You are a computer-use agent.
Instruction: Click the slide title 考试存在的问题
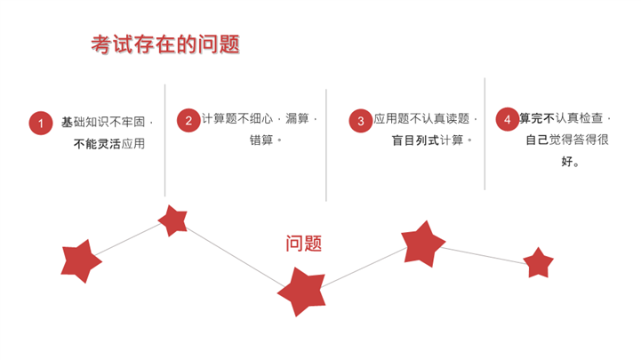pyautogui.click(x=165, y=44)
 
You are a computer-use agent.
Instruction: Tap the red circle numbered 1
pyautogui.click(x=41, y=123)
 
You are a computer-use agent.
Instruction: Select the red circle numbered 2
pyautogui.click(x=188, y=120)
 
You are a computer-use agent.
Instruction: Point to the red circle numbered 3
pyautogui.click(x=361, y=121)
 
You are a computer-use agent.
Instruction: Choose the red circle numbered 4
pyautogui.click(x=508, y=119)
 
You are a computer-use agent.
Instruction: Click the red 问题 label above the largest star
pyautogui.click(x=304, y=244)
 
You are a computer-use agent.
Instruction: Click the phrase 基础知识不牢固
pyautogui.click(x=103, y=122)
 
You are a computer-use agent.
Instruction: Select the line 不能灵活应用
pyautogui.click(x=109, y=143)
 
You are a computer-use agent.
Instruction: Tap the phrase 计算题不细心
pyautogui.click(x=237, y=118)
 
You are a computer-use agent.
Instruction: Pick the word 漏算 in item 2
pyautogui.click(x=297, y=118)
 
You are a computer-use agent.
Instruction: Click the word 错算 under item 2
pyautogui.click(x=261, y=140)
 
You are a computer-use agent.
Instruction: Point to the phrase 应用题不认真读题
pyautogui.click(x=421, y=118)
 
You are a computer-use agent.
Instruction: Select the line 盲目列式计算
pyautogui.click(x=428, y=140)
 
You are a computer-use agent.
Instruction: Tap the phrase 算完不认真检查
pyautogui.click(x=561, y=118)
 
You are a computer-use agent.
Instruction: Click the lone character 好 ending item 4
pyautogui.click(x=567, y=162)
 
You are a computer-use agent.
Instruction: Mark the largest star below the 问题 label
pyautogui.click(x=302, y=292)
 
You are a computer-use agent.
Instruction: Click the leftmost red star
pyautogui.click(x=81, y=261)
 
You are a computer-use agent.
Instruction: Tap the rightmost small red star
pyautogui.click(x=538, y=263)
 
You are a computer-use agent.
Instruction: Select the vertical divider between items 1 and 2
pyautogui.click(x=165, y=140)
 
